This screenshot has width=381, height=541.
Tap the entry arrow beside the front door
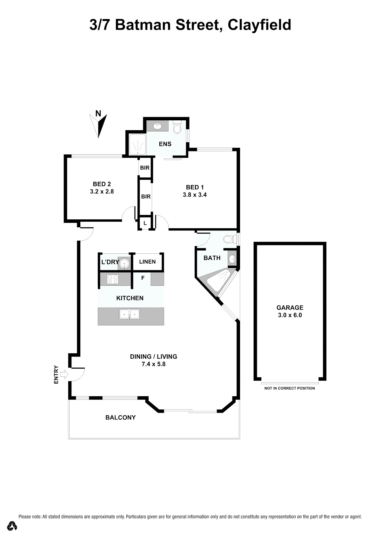(x=64, y=375)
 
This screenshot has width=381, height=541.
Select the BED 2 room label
(x=102, y=184)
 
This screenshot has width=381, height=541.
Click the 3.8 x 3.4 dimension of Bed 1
(x=195, y=195)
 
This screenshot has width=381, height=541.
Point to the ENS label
(x=165, y=144)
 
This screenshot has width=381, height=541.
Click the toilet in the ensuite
(x=177, y=127)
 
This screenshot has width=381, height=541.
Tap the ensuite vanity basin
(x=157, y=126)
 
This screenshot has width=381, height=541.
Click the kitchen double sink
(x=129, y=314)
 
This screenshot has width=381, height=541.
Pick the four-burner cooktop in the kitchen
(x=113, y=279)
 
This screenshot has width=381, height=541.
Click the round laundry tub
(x=124, y=263)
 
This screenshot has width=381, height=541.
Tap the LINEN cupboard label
(x=147, y=262)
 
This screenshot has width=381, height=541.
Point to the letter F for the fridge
(x=143, y=278)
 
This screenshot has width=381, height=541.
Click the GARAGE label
(x=290, y=307)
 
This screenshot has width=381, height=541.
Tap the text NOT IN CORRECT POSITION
(x=290, y=388)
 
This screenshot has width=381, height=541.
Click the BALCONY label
(x=121, y=417)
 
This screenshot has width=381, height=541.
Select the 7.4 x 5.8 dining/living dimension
(x=153, y=364)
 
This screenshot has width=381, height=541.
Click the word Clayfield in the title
(x=259, y=25)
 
